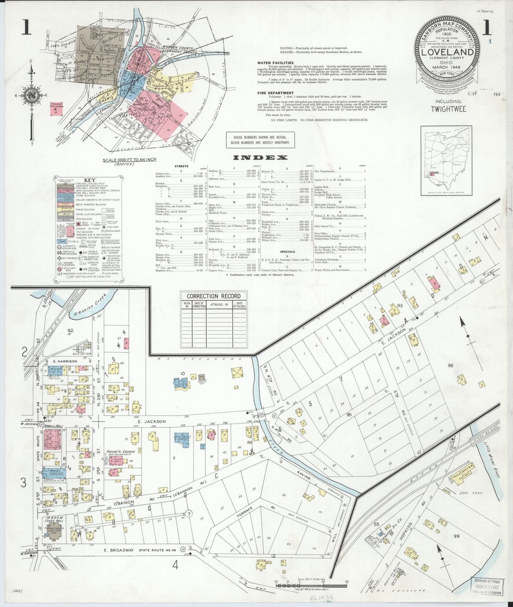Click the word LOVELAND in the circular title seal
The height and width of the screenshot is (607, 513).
(x=447, y=52)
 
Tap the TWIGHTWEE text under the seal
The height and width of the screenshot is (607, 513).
(x=448, y=109)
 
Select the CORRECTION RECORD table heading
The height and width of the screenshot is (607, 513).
(x=213, y=296)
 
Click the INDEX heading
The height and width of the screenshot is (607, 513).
(x=260, y=158)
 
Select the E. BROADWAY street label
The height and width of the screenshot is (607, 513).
(x=119, y=560)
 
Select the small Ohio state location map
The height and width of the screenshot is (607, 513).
(x=446, y=160)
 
